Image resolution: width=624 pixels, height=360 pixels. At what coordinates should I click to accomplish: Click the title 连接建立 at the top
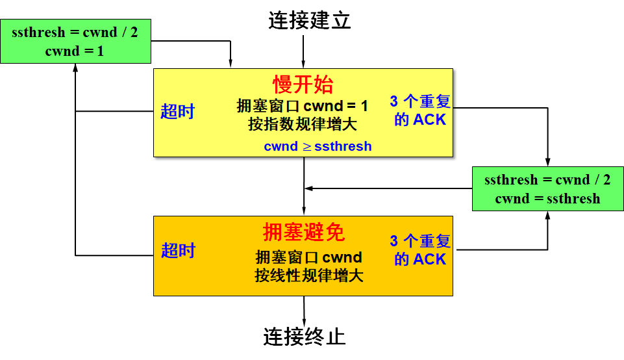(x=310, y=21)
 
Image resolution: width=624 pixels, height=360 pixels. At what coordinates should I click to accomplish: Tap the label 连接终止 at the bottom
(x=304, y=336)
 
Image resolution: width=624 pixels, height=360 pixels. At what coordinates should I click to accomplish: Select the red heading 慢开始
(x=303, y=84)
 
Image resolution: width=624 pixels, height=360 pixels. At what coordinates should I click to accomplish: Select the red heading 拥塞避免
(x=303, y=232)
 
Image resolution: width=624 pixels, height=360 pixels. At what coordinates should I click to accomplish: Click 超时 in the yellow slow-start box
(x=177, y=111)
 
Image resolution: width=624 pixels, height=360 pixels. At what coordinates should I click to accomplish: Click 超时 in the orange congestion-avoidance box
(x=178, y=250)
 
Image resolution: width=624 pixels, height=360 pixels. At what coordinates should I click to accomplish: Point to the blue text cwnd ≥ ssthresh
(x=318, y=146)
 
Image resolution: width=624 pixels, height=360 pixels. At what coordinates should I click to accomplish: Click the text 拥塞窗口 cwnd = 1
(x=303, y=106)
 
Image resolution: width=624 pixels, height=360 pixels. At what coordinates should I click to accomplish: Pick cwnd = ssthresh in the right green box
(x=547, y=198)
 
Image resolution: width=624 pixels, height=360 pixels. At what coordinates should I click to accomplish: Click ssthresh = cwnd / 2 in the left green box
(x=75, y=32)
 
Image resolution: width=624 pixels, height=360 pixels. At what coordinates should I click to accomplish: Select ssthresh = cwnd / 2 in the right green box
(x=547, y=180)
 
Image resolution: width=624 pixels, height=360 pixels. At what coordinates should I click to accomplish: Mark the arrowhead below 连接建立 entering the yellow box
(x=303, y=64)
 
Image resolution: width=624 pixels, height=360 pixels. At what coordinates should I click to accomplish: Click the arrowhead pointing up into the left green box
(x=76, y=68)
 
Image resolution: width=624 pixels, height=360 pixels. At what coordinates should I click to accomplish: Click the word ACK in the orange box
(x=430, y=259)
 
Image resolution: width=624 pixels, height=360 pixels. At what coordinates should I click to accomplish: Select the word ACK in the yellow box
(x=430, y=120)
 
